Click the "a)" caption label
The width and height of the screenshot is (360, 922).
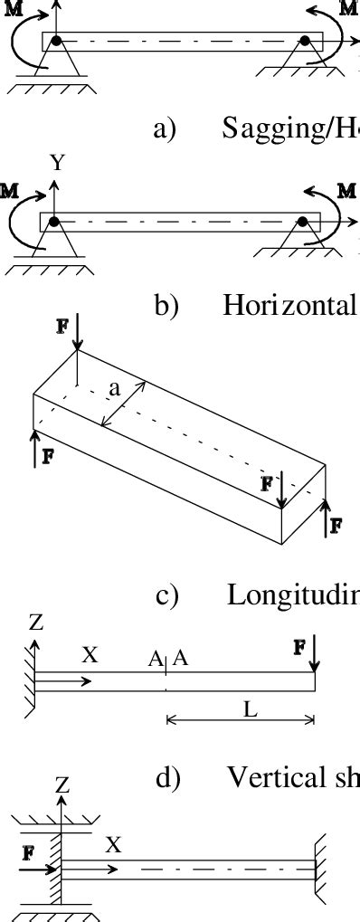pyautogui.click(x=165, y=130)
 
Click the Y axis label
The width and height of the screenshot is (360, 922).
pyautogui.click(x=58, y=164)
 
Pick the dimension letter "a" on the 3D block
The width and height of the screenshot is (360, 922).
pyautogui.click(x=114, y=388)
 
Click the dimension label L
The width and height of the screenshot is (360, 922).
pyautogui.click(x=251, y=709)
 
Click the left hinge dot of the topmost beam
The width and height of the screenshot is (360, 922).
pyautogui.click(x=56, y=41)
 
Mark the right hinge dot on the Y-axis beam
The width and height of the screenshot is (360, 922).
pyautogui.click(x=304, y=221)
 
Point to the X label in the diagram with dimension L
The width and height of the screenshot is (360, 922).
pyautogui.click(x=90, y=655)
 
